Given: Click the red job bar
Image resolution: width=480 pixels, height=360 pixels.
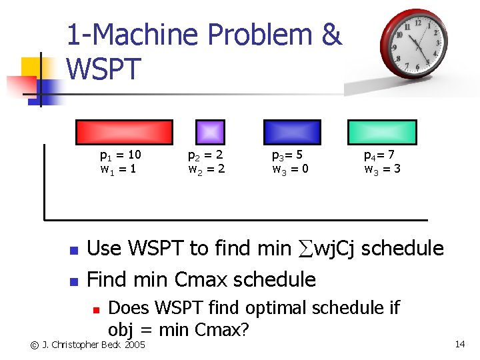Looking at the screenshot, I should click(124, 132).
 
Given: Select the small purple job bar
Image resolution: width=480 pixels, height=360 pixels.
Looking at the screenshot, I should click(210, 132).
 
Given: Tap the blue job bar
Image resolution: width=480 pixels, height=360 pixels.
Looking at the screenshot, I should click(292, 132).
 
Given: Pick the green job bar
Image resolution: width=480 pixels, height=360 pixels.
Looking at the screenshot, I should click(383, 132).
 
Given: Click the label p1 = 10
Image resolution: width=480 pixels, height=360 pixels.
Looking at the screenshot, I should click(120, 156).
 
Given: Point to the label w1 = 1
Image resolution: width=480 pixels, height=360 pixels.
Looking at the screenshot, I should click(118, 169).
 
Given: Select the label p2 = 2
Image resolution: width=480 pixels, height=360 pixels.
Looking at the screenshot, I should click(206, 156).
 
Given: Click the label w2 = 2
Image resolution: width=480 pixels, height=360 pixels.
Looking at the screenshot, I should click(206, 169).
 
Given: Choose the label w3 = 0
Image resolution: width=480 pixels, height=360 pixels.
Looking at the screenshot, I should click(290, 169).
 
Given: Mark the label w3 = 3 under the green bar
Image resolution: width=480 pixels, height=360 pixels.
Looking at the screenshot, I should click(382, 169).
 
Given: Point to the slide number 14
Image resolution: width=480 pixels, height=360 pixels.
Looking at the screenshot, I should click(459, 344).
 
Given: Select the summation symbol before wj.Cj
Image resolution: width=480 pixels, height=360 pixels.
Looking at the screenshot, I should click(303, 249).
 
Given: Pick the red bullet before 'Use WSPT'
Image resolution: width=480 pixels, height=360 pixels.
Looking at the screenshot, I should click(74, 251).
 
